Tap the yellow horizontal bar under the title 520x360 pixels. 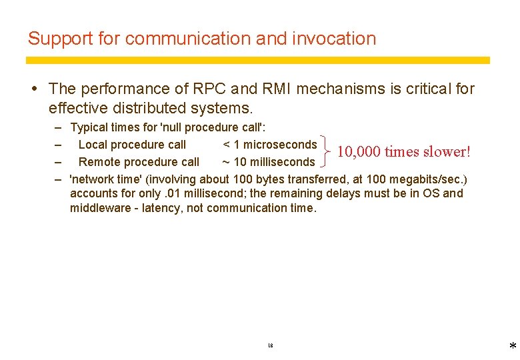click(258, 60)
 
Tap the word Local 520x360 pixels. click(93, 145)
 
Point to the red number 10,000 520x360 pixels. click(359, 152)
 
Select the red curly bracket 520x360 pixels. click(325, 153)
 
